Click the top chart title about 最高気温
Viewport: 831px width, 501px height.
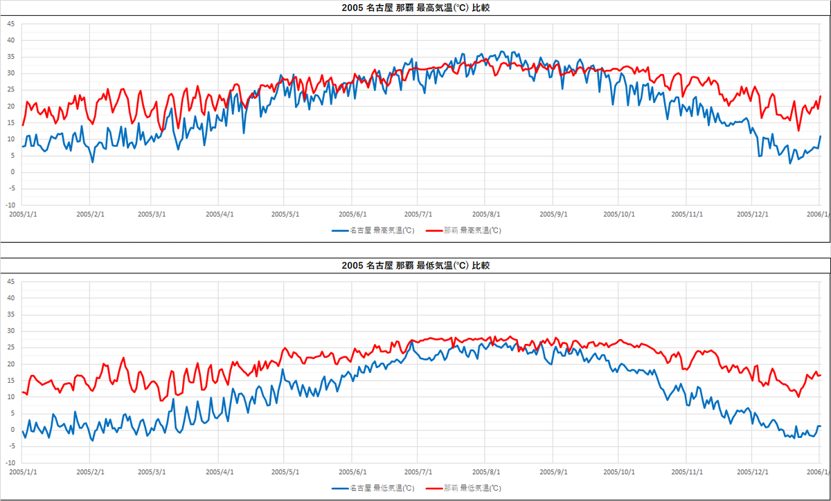pos(415,8)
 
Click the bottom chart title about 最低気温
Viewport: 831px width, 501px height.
pos(415,266)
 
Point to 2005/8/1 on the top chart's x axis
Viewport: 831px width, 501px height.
pos(486,214)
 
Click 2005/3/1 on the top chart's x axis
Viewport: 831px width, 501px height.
pos(152,214)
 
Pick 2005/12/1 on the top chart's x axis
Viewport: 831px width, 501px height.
pos(752,214)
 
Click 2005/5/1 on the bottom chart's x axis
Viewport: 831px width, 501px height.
pos(285,471)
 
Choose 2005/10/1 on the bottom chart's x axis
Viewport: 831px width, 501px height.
pos(619,471)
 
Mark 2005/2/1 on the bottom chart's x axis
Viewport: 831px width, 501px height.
pos(90,471)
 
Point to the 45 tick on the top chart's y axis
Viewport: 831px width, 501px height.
pos(10,24)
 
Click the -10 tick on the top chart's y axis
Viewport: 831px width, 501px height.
pos(10,206)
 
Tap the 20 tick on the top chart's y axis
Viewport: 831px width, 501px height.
pos(10,106)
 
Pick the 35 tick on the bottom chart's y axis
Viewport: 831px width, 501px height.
pos(10,314)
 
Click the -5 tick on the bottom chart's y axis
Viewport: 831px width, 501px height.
pos(11,446)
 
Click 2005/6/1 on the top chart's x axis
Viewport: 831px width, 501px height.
pos(353,214)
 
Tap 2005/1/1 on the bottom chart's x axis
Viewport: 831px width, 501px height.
pos(24,471)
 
